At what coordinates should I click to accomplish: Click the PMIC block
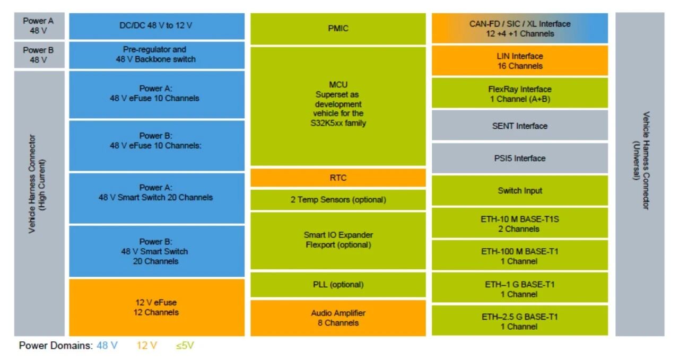(338, 29)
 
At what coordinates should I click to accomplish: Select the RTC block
(338, 178)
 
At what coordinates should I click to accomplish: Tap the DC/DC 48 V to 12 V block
(156, 26)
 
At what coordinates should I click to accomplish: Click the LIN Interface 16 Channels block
(519, 60)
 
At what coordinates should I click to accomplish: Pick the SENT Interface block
(519, 126)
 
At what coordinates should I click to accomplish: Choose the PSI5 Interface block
(519, 158)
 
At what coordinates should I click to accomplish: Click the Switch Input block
(519, 190)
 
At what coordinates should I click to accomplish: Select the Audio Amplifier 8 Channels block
(338, 318)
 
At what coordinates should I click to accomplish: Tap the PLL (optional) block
(338, 285)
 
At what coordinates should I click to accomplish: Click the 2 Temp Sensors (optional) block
(338, 200)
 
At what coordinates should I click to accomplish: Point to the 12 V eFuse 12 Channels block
(156, 307)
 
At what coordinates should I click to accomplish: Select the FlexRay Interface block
(519, 93)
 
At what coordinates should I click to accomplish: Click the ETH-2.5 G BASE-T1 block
(519, 321)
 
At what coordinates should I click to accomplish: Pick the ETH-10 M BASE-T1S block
(519, 223)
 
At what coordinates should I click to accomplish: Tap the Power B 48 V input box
(39, 55)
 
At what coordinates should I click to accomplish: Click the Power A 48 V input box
(39, 25)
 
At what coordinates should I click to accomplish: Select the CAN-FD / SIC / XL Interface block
(519, 28)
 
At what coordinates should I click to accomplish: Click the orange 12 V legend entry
(146, 346)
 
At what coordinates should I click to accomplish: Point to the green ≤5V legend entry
(185, 346)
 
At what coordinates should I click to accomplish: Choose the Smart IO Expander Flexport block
(338, 240)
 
